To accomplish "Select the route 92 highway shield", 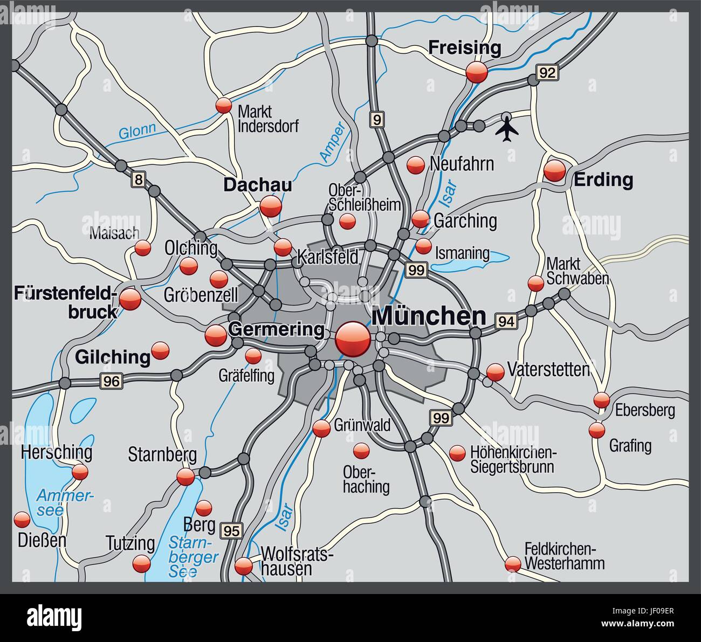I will point(546,72).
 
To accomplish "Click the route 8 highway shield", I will point(139,181).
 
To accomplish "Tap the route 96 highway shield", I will point(111,381).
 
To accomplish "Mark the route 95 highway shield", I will point(232,530).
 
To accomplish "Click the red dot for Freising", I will point(477,72).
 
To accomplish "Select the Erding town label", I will point(603,180).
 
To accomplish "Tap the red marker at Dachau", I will point(270,206).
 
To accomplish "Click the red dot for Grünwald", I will point(321,429).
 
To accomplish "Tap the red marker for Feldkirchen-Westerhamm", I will point(513,564).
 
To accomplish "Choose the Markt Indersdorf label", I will point(267,119).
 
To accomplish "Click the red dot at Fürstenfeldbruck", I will point(130,299).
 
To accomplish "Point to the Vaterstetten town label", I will point(548,370).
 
